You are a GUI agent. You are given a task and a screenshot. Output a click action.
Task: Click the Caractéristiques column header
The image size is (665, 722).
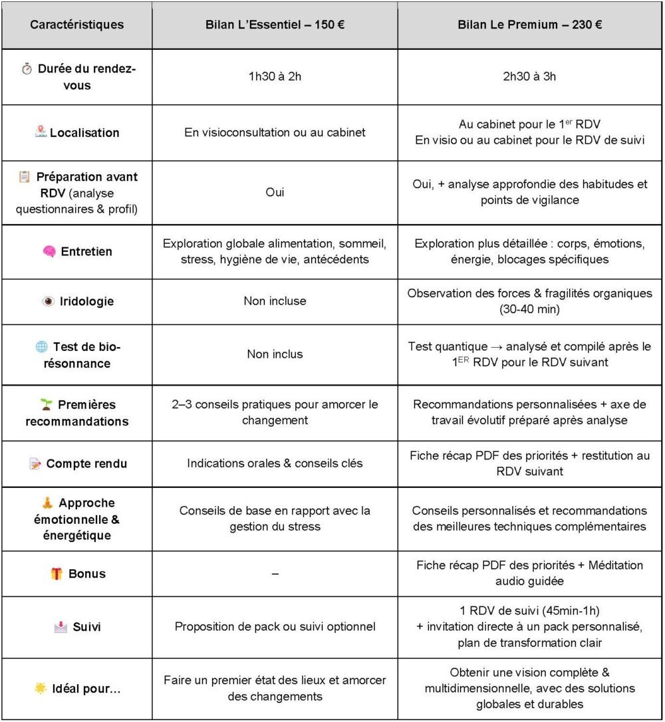click(76, 25)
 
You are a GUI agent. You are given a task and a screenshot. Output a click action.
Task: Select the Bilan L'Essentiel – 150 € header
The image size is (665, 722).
click(275, 25)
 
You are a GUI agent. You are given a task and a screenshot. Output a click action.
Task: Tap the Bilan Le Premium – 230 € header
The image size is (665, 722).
click(530, 25)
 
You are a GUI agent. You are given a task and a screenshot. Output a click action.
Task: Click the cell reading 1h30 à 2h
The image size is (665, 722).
click(275, 76)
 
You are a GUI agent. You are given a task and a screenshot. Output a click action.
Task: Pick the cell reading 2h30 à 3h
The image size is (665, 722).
click(530, 76)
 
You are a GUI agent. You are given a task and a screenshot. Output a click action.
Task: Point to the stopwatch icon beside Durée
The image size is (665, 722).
click(27, 68)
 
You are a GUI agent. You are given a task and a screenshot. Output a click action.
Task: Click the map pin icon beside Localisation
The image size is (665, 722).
click(41, 132)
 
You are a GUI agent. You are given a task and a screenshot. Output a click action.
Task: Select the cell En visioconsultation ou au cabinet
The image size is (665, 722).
click(275, 132)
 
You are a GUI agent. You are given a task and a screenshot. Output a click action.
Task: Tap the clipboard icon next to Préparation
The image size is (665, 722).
click(25, 177)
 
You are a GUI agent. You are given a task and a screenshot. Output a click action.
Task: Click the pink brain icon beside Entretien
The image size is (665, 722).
click(49, 251)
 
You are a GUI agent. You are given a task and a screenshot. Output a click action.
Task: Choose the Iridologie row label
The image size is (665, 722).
click(87, 301)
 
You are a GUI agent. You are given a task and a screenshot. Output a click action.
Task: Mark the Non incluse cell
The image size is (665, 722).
click(275, 301)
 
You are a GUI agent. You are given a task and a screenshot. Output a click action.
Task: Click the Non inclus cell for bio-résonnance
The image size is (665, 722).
click(275, 354)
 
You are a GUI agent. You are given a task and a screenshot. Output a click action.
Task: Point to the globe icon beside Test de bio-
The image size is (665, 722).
click(41, 346)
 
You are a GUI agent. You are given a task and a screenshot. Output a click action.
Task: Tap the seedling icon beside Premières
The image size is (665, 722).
click(46, 404)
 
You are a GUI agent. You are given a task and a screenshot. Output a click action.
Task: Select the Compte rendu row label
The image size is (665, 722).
click(86, 463)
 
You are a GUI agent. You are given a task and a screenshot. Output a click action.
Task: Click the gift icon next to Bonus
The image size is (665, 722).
click(57, 573)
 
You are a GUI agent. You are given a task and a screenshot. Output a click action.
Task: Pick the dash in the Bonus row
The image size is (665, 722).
click(275, 573)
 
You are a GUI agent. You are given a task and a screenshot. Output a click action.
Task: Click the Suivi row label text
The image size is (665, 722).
click(86, 627)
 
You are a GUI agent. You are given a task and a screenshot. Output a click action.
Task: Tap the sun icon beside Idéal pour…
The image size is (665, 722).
click(41, 689)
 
